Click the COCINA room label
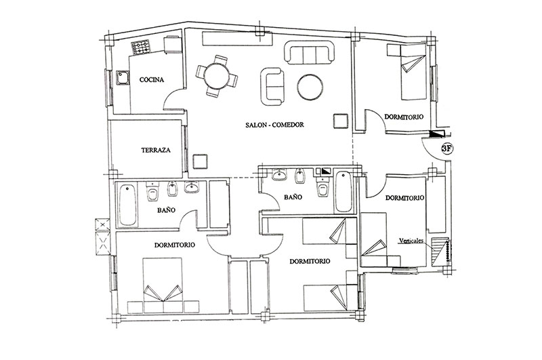pos(151,80)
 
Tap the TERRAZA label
pos(156,150)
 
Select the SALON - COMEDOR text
pos(274,125)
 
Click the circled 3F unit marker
pos(447,148)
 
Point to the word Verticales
pos(411,241)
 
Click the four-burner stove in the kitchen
pos(140,47)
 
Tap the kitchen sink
pos(123,78)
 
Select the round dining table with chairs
pos(217,76)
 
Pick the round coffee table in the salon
pos(310,87)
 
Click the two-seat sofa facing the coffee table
pos(272,87)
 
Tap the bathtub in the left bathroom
pos(127,205)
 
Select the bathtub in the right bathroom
pos(343,192)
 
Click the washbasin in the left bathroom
pos(192,188)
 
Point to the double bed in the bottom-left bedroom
pos(163,285)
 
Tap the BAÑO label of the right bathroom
pos(293,197)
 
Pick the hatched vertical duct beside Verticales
pos(440,252)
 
